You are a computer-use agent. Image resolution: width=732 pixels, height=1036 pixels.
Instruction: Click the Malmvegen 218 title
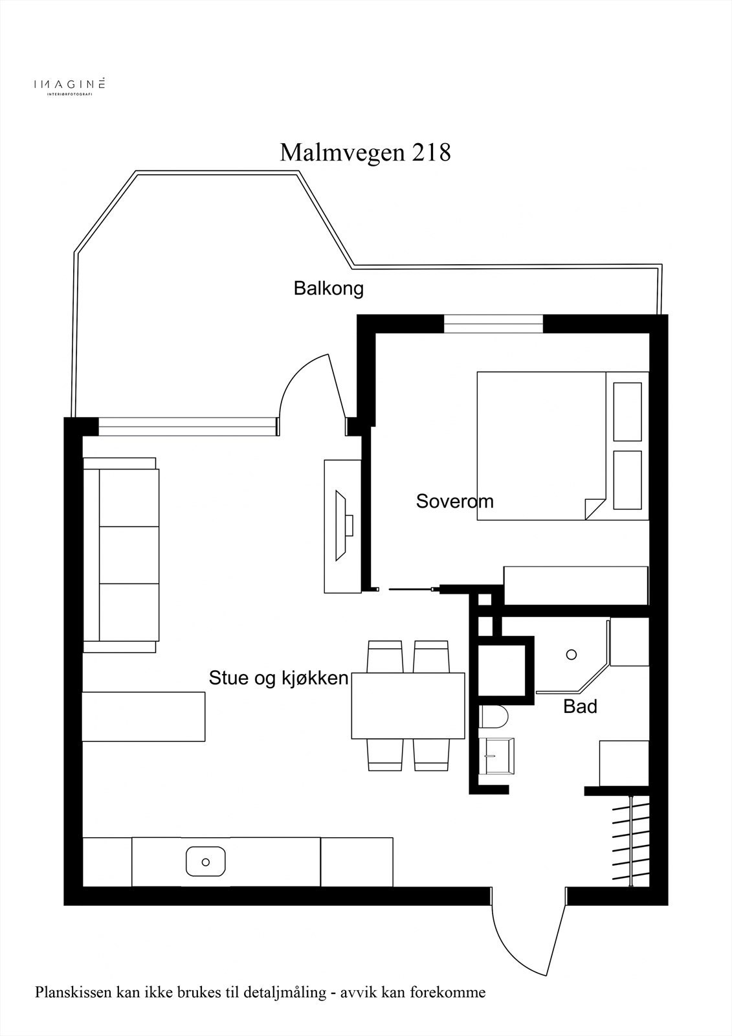(x=365, y=153)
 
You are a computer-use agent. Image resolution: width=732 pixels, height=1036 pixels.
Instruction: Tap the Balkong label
(x=328, y=288)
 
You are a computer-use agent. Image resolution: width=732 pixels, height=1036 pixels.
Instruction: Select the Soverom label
(x=454, y=501)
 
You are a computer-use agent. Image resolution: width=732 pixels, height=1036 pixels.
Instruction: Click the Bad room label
(x=580, y=706)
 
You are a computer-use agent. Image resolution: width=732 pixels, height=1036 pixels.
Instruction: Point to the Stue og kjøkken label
(x=278, y=678)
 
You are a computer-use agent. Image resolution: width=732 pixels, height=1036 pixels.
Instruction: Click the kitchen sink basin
(x=205, y=862)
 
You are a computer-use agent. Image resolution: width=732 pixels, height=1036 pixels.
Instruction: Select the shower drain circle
(x=571, y=655)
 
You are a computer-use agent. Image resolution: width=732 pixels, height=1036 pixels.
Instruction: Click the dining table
(x=408, y=706)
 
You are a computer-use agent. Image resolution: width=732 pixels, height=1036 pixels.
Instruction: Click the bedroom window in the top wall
(x=493, y=323)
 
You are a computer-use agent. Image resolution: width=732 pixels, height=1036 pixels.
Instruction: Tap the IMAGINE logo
(x=69, y=85)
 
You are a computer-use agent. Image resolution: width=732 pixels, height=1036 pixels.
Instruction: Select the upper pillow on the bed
(x=627, y=411)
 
